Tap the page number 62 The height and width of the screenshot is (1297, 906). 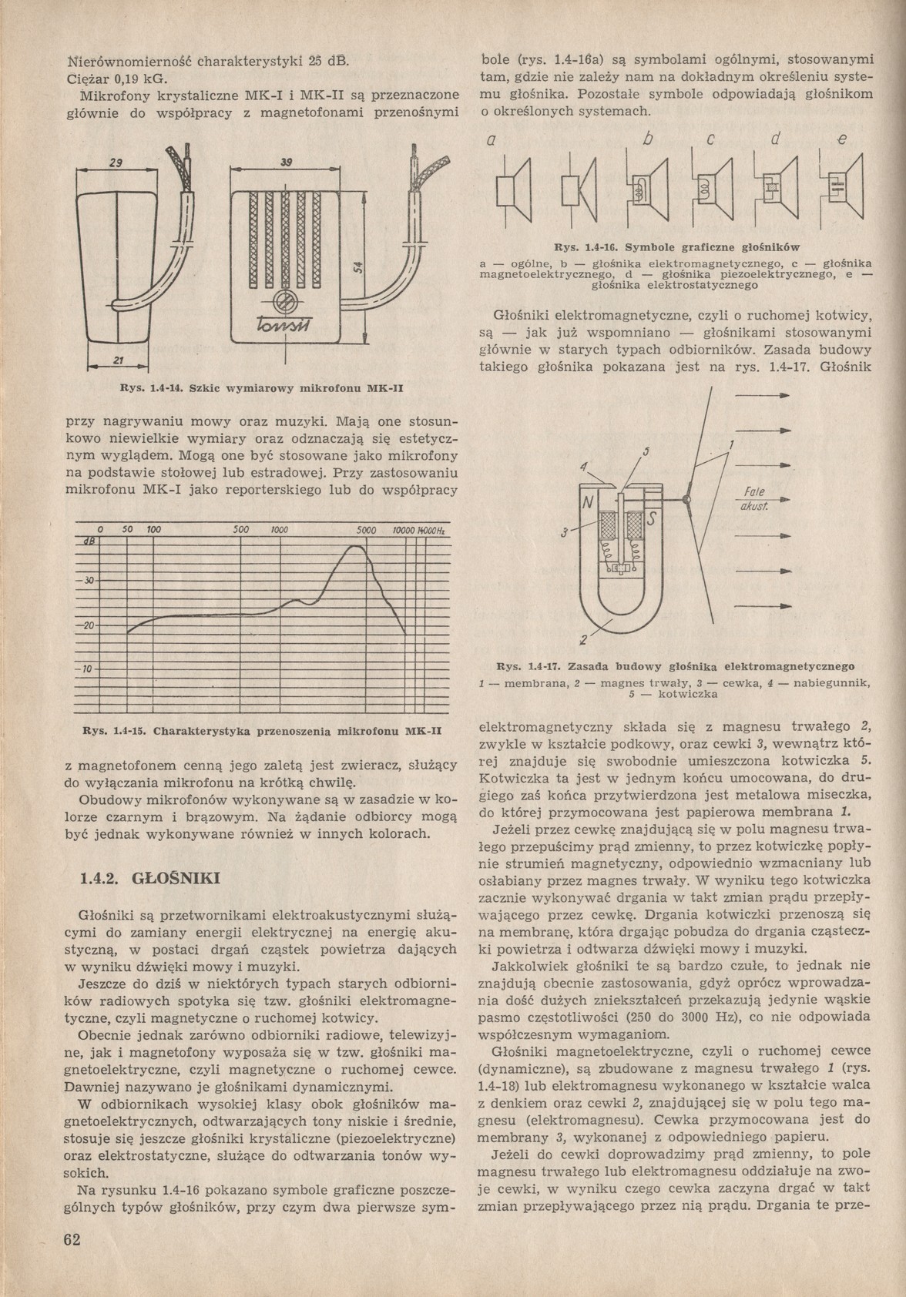(74, 1238)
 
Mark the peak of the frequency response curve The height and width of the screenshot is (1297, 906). (356, 546)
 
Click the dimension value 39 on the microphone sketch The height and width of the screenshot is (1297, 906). (285, 163)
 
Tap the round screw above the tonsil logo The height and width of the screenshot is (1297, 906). (285, 303)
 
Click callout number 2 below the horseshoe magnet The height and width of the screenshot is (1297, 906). (583, 639)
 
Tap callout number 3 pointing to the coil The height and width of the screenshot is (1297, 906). (565, 532)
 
